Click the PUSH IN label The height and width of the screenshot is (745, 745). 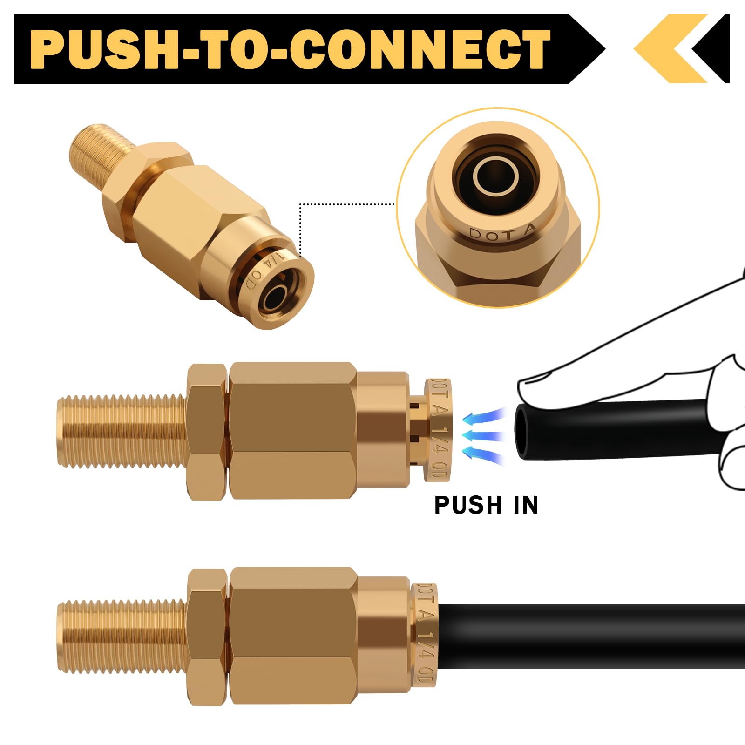(486, 505)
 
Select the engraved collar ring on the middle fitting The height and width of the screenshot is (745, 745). (438, 431)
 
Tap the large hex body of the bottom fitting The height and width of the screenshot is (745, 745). (293, 636)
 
